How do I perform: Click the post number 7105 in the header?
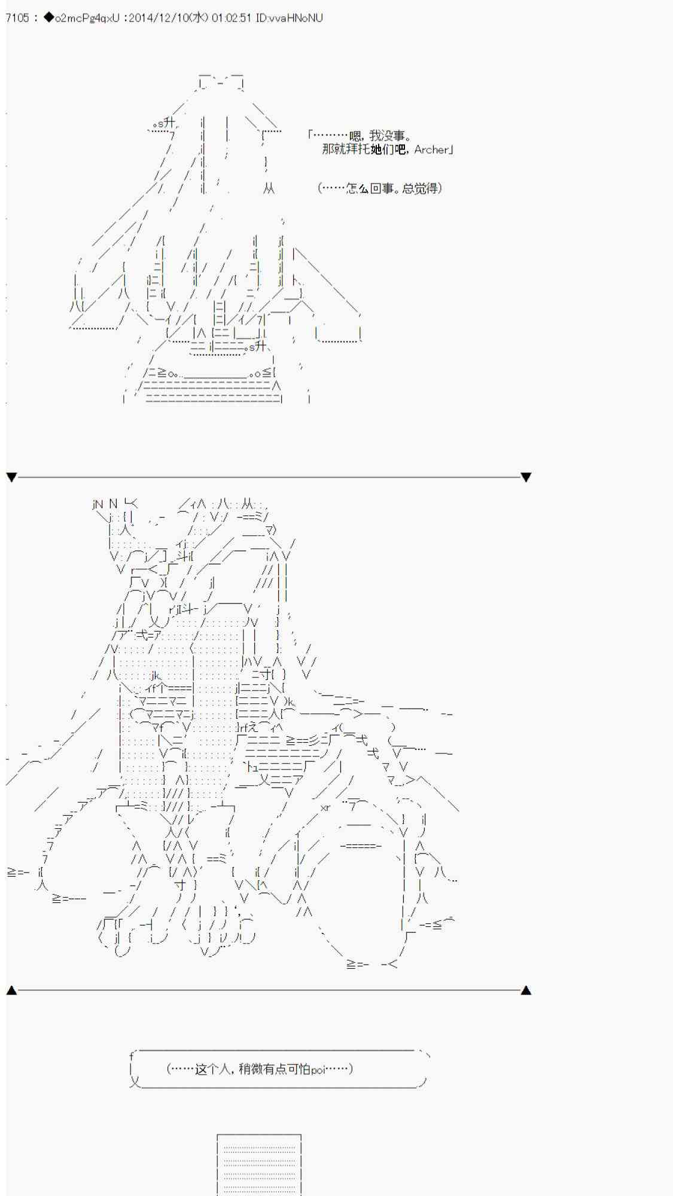click(x=17, y=18)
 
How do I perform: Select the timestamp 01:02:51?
click(x=231, y=18)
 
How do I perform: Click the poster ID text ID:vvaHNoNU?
click(x=289, y=18)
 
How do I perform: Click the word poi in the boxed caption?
click(x=317, y=1069)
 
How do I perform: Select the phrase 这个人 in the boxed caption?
click(x=211, y=1069)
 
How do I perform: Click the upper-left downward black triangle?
click(x=11, y=477)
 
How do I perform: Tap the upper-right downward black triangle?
click(x=526, y=477)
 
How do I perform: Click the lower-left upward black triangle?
click(x=11, y=990)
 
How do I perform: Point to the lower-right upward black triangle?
click(x=526, y=990)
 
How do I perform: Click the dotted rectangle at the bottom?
click(x=259, y=1164)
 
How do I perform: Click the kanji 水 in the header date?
click(x=198, y=18)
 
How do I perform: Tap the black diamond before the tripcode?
click(x=48, y=18)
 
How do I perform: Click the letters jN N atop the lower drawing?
click(x=105, y=504)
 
